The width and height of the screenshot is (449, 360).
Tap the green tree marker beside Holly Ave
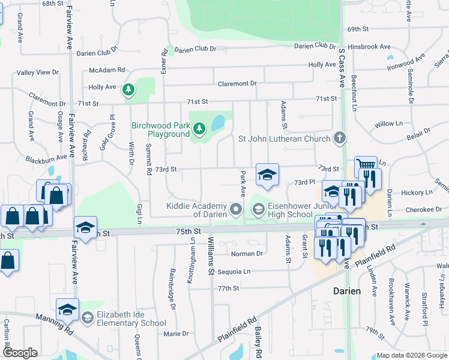[x=128, y=90]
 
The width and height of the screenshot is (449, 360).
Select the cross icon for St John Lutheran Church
[x=340, y=139]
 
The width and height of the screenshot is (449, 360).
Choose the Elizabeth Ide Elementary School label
[x=132, y=319]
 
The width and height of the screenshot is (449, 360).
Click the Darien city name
[x=347, y=291]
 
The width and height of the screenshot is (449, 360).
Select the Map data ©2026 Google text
[x=412, y=355]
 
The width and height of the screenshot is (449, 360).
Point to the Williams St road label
[x=211, y=256]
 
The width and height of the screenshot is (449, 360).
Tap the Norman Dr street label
[x=248, y=254]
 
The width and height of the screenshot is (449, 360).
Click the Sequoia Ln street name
[x=234, y=271]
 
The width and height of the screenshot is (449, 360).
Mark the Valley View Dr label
[x=38, y=73]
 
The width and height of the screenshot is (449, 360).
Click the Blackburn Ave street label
[x=46, y=159]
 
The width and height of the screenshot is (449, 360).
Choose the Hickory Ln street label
[x=417, y=193]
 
